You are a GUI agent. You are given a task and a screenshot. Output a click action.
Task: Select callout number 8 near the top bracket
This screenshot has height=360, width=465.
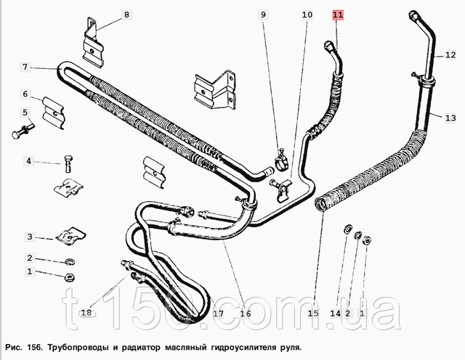point(126,15)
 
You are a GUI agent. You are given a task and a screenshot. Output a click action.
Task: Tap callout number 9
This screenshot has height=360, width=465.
point(264,15)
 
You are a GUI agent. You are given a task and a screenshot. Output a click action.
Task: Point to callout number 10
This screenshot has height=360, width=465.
point(307,15)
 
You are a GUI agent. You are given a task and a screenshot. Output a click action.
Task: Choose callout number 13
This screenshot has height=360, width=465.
point(450,118)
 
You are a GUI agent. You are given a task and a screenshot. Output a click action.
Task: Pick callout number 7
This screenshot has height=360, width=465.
point(25,67)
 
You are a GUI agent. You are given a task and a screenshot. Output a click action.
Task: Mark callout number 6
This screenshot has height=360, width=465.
point(25,94)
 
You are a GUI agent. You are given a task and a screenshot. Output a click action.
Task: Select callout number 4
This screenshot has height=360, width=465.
point(30,160)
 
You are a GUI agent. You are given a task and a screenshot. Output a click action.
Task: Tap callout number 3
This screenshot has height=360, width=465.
point(30,237)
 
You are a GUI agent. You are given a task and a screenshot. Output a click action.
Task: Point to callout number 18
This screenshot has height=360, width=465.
point(86,314)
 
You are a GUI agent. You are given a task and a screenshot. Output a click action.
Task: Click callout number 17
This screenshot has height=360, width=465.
point(217,314)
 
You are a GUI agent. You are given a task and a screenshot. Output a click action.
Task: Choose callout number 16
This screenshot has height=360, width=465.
point(245,314)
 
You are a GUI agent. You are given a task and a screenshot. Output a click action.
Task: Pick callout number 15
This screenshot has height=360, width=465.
point(312,314)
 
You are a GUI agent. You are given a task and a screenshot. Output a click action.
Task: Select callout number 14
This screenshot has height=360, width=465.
point(334,314)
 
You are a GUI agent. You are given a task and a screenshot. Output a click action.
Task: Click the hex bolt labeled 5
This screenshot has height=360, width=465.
point(17,134)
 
